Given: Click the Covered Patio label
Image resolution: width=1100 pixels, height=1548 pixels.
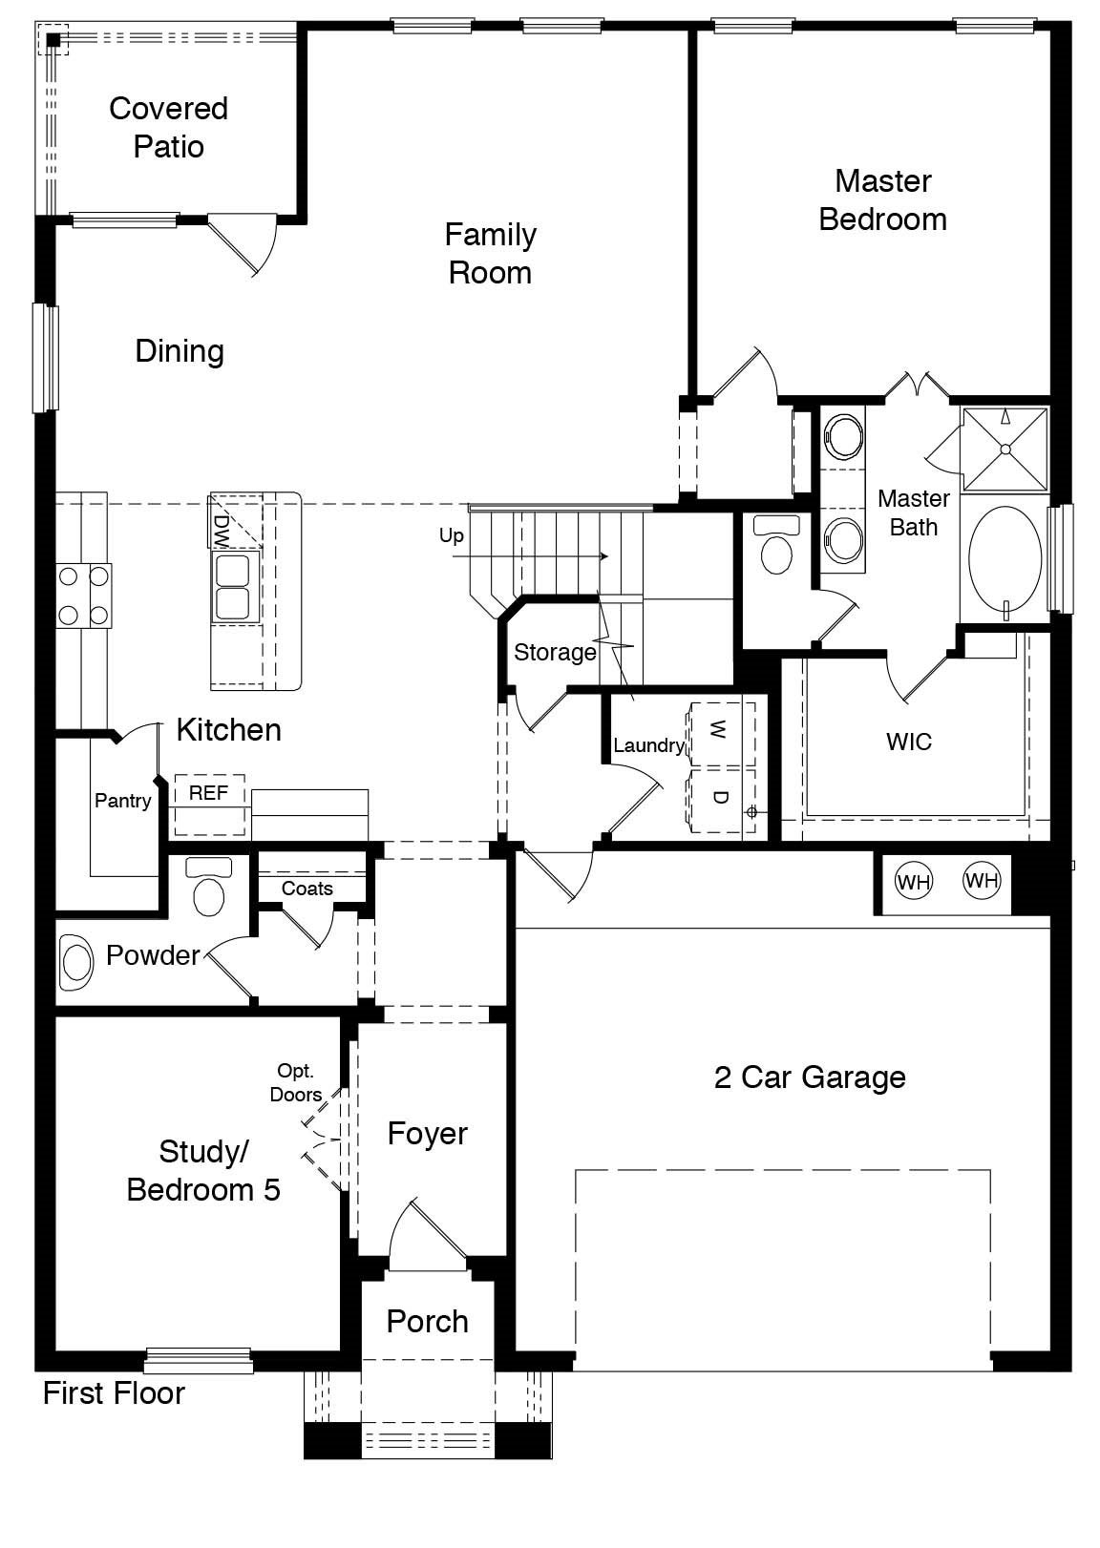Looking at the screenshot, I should pos(168,127).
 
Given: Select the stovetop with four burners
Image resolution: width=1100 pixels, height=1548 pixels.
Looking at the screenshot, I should pos(83,596).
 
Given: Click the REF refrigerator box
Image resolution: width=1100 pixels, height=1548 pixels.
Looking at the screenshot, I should pos(208,793).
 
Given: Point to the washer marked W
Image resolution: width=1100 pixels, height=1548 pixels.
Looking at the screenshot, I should pos(720,733).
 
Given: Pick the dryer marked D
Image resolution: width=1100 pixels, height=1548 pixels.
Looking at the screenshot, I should pos(720,798).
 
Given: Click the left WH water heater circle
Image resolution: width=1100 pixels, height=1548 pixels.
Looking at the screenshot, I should pos(913,881).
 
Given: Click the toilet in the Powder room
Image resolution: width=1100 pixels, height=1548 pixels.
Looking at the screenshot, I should pos(209,889).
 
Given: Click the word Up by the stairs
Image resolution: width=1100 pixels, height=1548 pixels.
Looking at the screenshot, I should pos(452,535).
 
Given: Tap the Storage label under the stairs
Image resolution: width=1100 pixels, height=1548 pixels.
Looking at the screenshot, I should pos(555,653).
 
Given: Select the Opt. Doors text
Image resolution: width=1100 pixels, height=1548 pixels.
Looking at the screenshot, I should pos(295,1083).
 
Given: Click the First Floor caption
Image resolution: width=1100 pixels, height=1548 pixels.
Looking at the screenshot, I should pos(114,1393).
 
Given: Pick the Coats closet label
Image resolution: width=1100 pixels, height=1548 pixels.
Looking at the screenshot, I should pos(307,889).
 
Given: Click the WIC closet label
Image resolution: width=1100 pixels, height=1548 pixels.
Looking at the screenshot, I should pos(908,742).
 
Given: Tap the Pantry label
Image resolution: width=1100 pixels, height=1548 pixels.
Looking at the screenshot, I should pos(122,801).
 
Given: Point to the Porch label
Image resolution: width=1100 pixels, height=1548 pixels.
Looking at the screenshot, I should pos(427,1322).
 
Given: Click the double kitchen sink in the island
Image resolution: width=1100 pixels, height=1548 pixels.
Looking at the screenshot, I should pos(233,588).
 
